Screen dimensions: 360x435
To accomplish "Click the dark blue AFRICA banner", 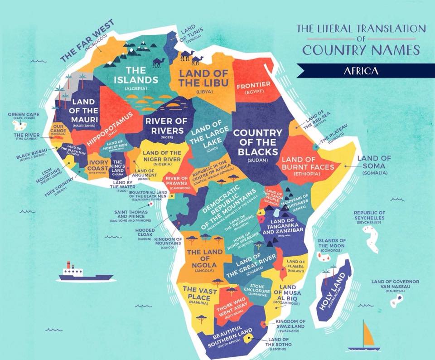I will tap(361, 71).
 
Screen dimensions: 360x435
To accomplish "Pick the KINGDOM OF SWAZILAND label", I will tap(290, 324).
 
